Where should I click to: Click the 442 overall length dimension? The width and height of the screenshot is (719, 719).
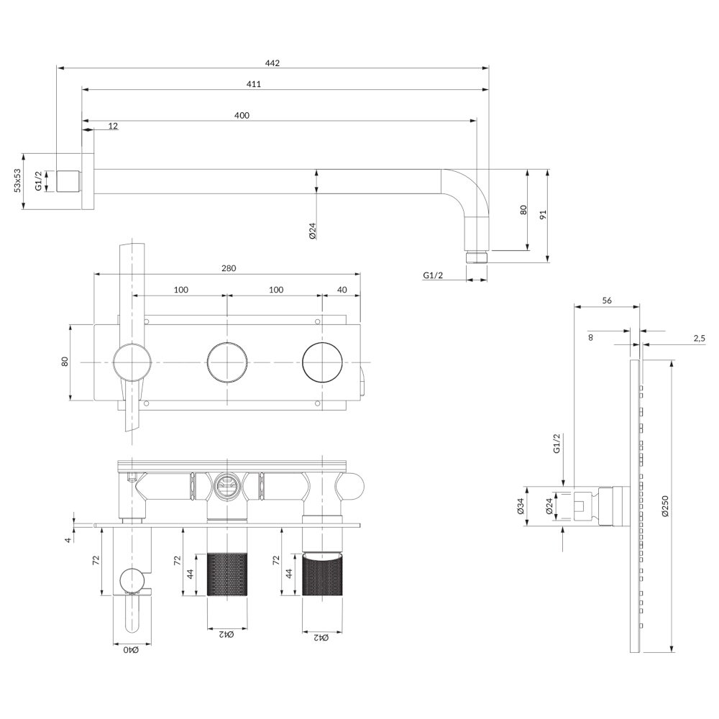tap(272, 63)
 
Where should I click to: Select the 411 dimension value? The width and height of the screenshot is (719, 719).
tap(254, 84)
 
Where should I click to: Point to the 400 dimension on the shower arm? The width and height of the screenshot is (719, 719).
tap(242, 115)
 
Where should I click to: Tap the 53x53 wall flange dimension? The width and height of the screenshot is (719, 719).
tap(17, 180)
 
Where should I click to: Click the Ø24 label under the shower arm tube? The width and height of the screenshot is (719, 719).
tap(312, 231)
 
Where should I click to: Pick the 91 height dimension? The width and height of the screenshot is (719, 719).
tap(544, 214)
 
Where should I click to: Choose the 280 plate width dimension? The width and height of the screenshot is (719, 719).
tap(229, 268)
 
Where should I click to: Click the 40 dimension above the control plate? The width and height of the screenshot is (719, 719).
tap(342, 290)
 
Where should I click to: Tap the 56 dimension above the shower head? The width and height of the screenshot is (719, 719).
tap(607, 301)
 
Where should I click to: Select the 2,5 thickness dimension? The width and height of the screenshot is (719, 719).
tap(699, 339)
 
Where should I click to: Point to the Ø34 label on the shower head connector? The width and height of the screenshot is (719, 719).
tap(521, 505)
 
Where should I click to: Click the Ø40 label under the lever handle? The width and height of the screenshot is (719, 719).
tap(131, 650)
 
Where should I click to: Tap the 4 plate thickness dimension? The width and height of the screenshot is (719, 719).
tap(68, 540)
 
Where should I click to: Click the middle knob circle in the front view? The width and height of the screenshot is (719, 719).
tap(227, 362)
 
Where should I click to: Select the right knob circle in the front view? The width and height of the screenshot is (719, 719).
tap(323, 362)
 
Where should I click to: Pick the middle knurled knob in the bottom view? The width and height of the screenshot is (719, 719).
tap(227, 574)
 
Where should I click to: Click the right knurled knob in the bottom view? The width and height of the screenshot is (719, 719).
tap(323, 574)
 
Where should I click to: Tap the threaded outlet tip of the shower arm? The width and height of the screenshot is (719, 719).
tap(477, 257)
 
